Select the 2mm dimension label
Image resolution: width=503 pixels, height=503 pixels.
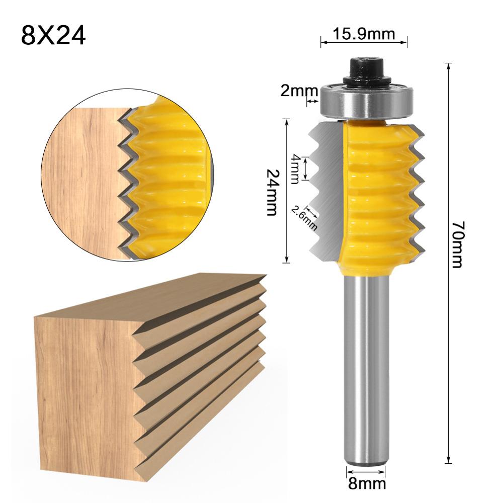click(x=306, y=92)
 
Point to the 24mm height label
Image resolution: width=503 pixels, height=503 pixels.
click(x=272, y=192)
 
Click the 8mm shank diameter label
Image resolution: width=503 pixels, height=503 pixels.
click(x=366, y=484)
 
